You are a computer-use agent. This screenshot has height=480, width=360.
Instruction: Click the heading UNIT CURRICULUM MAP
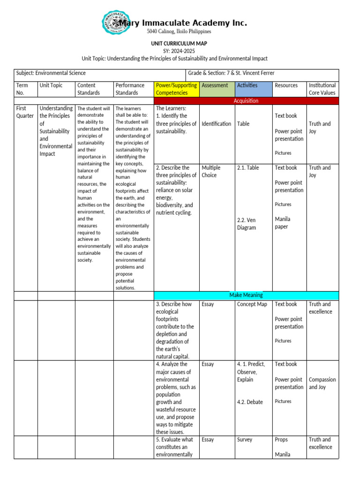179,43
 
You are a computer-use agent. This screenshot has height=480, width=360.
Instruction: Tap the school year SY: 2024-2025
179,51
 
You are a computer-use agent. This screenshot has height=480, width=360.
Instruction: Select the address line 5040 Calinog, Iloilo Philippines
179,31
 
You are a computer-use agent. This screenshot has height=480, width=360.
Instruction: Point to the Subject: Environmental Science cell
51,73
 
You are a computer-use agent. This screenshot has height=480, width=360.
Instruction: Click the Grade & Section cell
231,73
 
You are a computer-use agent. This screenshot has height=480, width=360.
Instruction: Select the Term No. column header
22,89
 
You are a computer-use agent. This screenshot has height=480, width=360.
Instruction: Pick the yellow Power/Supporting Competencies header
176,89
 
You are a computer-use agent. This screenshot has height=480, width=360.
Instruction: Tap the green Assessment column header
215,85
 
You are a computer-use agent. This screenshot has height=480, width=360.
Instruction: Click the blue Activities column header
247,85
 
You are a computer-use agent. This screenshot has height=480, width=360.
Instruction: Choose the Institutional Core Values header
322,89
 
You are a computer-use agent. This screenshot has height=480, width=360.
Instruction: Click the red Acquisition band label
246,101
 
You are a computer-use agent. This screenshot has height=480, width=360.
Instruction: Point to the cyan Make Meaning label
246,295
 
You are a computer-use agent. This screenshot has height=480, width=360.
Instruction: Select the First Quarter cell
25,112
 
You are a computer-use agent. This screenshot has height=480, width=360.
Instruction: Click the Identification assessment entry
216,124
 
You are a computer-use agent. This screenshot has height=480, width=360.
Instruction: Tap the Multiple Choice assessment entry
211,172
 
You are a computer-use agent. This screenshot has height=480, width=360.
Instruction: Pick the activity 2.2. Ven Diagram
247,224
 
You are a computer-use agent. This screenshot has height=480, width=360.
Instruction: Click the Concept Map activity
252,304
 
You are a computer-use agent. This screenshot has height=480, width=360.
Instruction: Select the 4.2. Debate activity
250,402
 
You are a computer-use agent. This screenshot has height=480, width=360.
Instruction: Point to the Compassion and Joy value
322,383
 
